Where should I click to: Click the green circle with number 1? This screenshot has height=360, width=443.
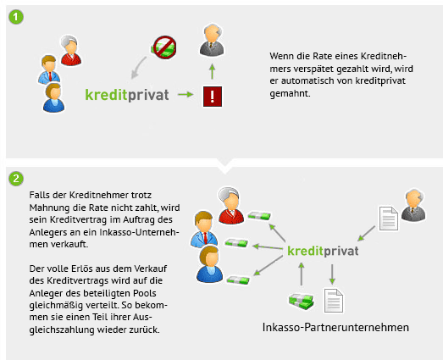click(16, 17)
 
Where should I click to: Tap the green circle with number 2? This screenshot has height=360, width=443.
click(16, 179)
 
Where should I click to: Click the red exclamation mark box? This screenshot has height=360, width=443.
click(213, 97)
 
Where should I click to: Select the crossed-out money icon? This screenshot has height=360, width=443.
click(164, 47)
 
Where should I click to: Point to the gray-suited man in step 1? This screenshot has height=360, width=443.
click(212, 41)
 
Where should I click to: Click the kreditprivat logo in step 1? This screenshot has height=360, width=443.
click(127, 95)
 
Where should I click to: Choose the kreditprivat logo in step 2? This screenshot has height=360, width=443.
click(323, 251)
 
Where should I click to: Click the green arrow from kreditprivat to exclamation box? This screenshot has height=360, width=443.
click(186, 94)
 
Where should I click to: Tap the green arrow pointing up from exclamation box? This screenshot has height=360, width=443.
click(212, 72)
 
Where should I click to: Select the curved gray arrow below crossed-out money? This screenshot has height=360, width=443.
click(137, 68)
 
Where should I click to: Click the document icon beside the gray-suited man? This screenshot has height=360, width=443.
click(389, 219)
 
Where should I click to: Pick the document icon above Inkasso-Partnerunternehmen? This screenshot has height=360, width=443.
click(334, 301)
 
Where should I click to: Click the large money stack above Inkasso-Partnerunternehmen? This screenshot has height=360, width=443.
click(302, 302)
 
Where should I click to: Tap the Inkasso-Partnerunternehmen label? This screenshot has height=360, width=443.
click(335, 327)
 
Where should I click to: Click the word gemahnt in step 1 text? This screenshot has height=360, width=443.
click(290, 93)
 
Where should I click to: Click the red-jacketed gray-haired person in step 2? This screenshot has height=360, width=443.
click(231, 206)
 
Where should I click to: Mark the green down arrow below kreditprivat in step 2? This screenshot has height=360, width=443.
click(332, 274)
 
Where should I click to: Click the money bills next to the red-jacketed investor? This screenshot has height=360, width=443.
click(259, 216)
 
